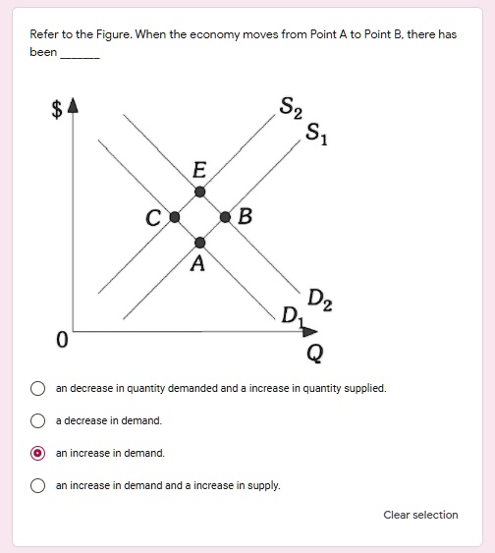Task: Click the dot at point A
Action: pos(199,242)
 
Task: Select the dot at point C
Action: pos(174,216)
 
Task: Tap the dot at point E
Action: pos(199,191)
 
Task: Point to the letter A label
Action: pos(198,263)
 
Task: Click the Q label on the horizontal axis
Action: pos(314,352)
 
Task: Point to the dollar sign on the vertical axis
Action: pos(57,111)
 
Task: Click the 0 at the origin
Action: pos(61,341)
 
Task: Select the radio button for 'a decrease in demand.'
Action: pos(38,420)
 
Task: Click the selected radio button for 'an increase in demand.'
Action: pos(38,453)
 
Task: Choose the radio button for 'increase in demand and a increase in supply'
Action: pos(38,485)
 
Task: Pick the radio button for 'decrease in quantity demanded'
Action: pos(38,388)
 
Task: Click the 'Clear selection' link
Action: pos(420,515)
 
